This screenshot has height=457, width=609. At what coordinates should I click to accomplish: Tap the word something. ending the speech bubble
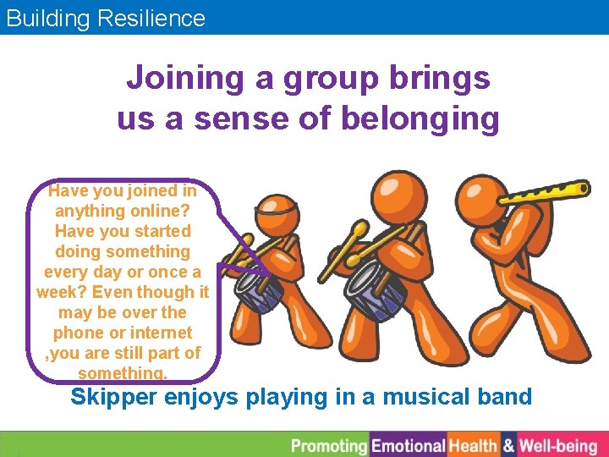[123, 373]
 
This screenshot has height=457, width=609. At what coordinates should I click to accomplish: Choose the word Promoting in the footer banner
[329, 446]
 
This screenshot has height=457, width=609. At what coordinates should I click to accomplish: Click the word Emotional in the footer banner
[409, 446]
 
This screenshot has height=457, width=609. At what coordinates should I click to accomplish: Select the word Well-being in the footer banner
[557, 446]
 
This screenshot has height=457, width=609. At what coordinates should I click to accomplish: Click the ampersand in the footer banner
[508, 446]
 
